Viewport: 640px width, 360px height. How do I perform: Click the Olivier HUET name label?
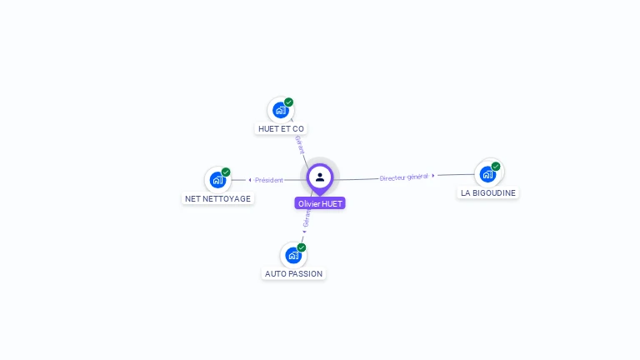point(320,203)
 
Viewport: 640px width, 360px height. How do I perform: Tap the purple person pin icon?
point(320,177)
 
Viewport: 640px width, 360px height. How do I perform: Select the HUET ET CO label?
point(281,129)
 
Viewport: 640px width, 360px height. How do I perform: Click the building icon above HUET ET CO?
point(280,110)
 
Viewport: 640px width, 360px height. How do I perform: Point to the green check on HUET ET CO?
point(288,102)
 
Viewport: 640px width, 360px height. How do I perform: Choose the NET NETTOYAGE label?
point(217,198)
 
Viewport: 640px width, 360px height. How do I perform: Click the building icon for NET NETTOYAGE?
point(217,179)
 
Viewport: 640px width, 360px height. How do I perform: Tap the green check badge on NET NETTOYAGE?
point(226,172)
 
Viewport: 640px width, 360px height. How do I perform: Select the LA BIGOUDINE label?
point(488,192)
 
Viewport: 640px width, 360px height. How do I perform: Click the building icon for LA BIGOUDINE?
point(487,173)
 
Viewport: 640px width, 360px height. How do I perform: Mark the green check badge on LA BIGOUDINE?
point(496,167)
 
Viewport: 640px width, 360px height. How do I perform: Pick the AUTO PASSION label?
point(293,273)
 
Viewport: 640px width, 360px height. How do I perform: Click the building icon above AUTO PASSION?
point(292,254)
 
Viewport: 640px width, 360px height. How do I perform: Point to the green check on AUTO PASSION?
point(301,247)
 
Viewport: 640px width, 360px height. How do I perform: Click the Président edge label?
point(269,180)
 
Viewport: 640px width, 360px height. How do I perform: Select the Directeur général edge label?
point(403,177)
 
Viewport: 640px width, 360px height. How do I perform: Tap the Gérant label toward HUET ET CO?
point(300,144)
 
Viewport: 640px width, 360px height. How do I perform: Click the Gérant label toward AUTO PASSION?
point(307,217)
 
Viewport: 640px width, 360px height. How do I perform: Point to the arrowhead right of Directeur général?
point(433,176)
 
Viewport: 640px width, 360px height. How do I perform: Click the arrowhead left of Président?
point(250,180)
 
